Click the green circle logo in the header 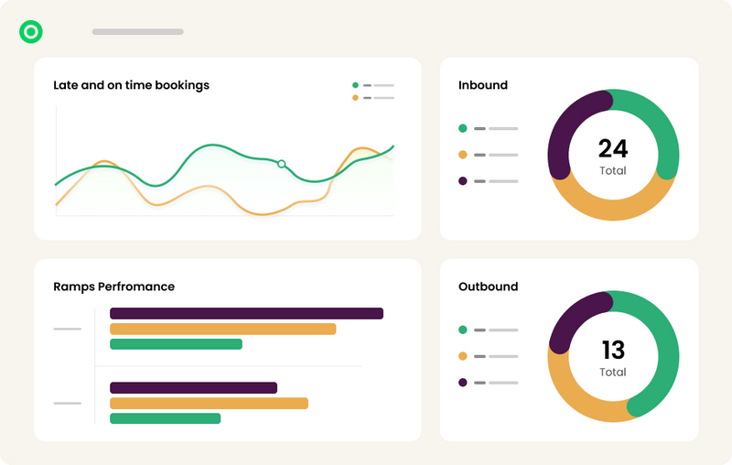[x=31, y=32]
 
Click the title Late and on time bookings [x=131, y=85]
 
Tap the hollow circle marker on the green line [x=282, y=164]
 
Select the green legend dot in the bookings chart [x=355, y=85]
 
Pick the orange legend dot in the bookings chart [x=355, y=97]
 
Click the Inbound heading [x=482, y=85]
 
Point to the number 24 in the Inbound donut [x=613, y=148]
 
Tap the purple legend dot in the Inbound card [x=462, y=181]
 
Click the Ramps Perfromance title [x=113, y=287]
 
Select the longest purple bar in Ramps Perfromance [x=245, y=314]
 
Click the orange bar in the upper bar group [x=222, y=329]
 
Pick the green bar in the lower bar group [x=165, y=418]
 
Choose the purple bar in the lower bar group [x=193, y=388]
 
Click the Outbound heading [x=488, y=287]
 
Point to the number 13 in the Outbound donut [x=613, y=350]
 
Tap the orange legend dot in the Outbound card [x=462, y=356]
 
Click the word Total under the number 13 [x=613, y=372]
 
